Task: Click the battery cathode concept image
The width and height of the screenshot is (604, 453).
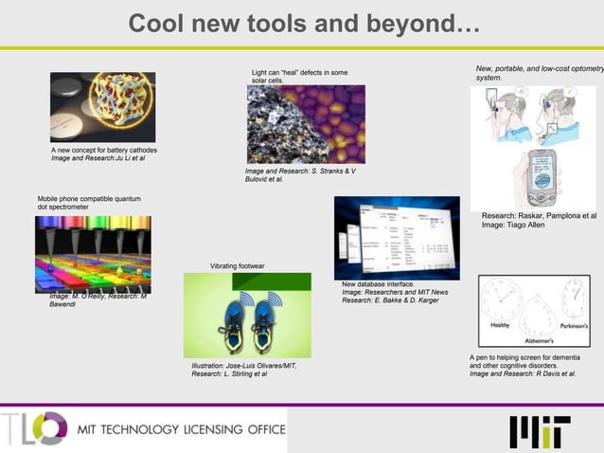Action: point(102,107)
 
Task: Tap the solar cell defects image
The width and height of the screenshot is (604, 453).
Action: point(305,124)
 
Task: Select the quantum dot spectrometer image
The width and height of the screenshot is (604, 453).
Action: point(93,253)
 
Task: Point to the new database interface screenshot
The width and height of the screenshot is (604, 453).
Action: point(396,237)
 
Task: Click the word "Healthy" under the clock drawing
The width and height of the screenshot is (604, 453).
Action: point(501,325)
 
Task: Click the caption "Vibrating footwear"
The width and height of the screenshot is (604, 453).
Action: point(237,266)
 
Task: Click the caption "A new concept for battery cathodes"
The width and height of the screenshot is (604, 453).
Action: point(103,151)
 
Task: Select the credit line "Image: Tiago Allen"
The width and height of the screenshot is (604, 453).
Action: point(513,226)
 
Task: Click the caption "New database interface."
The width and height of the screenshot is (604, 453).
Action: point(378,284)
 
